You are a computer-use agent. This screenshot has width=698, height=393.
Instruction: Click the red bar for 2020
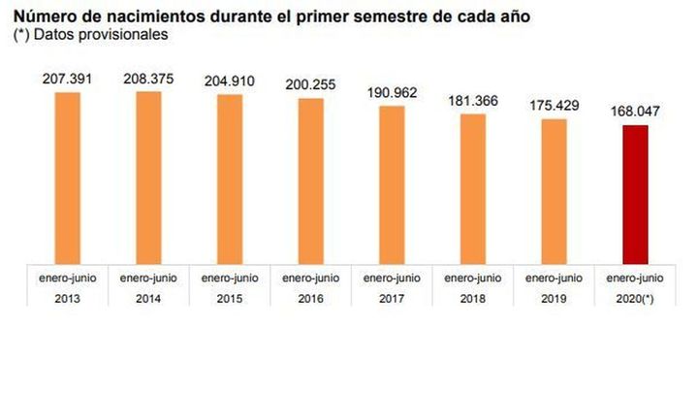point(635,194)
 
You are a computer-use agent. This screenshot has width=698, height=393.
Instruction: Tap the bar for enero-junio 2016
point(310,180)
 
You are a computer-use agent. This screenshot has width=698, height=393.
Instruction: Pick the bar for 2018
point(472,188)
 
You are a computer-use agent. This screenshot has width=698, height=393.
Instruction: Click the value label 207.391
point(68,78)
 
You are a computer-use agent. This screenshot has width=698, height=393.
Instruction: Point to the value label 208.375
point(148,79)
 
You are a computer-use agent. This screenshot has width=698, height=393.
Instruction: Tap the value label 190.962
point(392,92)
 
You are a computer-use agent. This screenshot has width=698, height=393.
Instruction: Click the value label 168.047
point(635,112)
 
